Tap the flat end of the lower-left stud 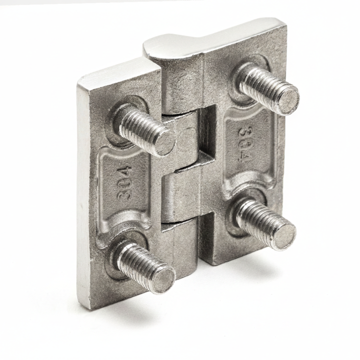(164, 280)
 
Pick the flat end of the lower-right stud (285, 236)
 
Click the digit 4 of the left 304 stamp (125, 171)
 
